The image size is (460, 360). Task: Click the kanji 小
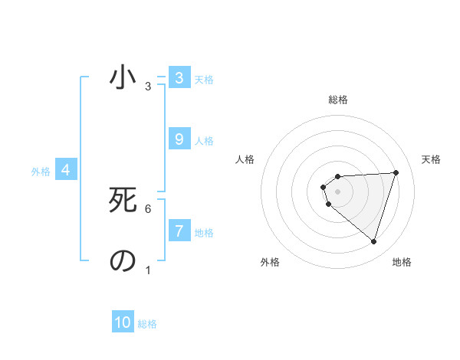123,77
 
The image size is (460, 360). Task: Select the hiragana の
123,261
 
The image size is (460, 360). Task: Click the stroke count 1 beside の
148,270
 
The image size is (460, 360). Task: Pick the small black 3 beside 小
148,87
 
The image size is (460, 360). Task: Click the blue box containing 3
179,77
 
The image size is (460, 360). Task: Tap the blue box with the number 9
179,139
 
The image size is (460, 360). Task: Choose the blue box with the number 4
66,170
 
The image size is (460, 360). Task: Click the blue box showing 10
123,322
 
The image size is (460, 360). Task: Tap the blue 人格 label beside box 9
204,141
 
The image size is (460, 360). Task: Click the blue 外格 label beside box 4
41,172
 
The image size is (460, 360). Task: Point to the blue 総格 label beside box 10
147,324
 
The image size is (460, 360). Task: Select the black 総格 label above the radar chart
337,100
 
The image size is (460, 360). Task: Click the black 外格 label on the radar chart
270,262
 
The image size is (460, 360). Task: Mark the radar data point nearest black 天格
396,172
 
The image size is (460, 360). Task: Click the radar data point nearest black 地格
373,241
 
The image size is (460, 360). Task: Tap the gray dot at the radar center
337,191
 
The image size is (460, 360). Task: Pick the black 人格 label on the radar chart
245,159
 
